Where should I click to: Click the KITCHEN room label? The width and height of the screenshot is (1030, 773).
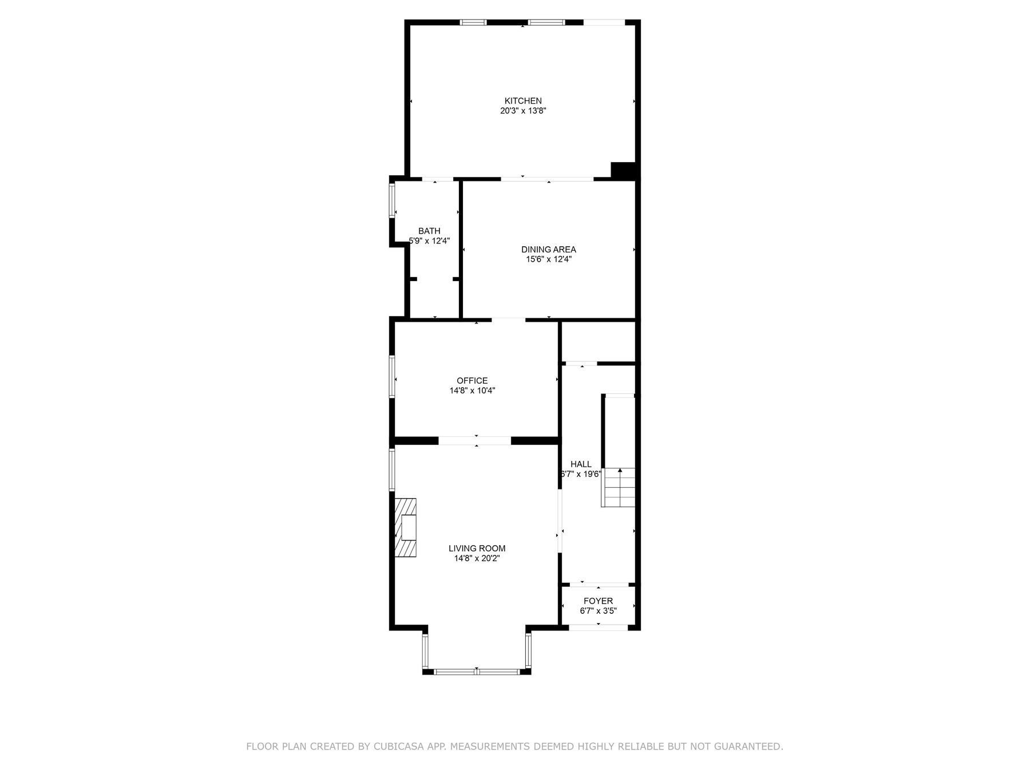click(x=522, y=101)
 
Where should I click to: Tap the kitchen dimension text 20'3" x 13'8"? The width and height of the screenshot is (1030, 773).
click(x=522, y=111)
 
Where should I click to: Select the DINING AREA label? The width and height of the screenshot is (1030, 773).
click(x=548, y=249)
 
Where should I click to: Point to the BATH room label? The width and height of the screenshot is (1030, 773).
click(x=429, y=231)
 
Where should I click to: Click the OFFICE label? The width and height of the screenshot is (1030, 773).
click(x=472, y=380)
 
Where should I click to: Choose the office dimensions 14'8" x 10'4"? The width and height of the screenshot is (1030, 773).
click(x=472, y=391)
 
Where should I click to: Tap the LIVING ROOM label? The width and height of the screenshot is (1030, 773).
click(x=477, y=548)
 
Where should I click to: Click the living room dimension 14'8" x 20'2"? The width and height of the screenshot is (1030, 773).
click(x=477, y=558)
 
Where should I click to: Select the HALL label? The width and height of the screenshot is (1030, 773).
click(x=581, y=464)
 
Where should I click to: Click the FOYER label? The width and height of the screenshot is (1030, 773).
click(x=598, y=601)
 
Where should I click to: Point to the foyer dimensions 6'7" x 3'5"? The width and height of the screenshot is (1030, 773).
click(x=598, y=611)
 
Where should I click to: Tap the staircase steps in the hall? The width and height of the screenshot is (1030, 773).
click(x=619, y=487)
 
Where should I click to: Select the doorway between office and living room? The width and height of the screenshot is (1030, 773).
click(x=474, y=440)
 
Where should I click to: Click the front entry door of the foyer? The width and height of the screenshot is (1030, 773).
click(x=598, y=628)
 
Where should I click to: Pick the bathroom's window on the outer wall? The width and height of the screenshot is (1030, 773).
click(x=393, y=200)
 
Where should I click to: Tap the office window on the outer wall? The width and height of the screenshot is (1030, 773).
click(x=393, y=376)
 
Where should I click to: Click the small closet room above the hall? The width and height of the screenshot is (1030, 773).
click(x=598, y=341)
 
